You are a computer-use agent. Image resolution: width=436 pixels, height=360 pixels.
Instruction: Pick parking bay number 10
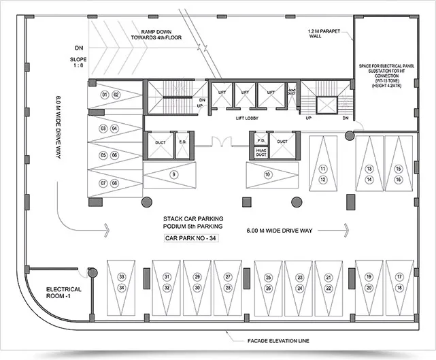coord(268,175)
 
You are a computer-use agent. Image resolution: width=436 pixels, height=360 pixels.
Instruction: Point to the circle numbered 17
coord(399,278)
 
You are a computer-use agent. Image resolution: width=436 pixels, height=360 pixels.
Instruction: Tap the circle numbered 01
coord(105,94)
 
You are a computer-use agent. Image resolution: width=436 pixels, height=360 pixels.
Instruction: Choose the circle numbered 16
coord(399,179)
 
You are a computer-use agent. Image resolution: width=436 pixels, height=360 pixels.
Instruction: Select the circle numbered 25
coord(269,278)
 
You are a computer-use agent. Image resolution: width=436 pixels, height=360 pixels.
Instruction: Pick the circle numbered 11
coord(323,168)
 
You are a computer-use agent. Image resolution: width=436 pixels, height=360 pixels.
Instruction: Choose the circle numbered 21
coord(329,278)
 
